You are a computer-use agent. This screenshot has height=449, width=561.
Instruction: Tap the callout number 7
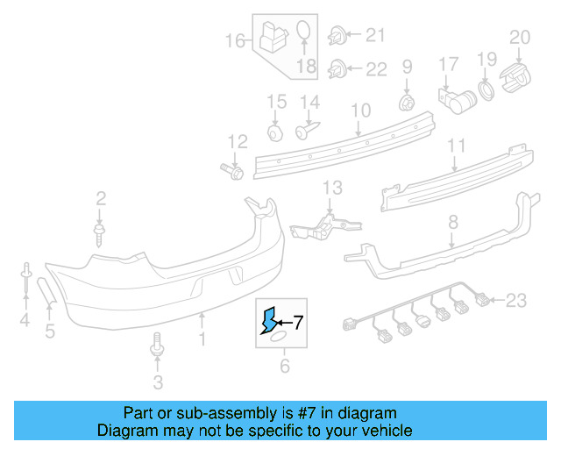297,322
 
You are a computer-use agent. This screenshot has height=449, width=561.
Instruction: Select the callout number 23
516,302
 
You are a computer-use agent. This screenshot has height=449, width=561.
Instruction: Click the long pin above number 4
26,280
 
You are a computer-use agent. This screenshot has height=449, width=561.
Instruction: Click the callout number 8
452,224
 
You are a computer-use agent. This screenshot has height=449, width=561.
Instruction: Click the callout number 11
456,146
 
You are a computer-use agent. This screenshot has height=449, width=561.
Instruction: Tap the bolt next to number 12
231,167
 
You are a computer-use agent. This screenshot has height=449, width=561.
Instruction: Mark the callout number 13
332,188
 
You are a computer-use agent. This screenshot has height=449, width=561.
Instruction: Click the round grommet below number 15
274,132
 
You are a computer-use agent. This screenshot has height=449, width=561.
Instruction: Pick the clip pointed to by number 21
336,37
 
